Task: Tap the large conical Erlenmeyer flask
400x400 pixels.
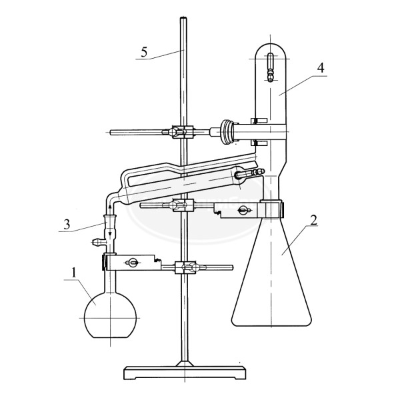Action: (x=272, y=280)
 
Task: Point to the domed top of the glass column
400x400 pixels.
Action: (x=271, y=50)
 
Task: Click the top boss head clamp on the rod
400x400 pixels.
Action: (x=180, y=132)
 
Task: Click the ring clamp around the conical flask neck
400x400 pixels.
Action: (x=271, y=209)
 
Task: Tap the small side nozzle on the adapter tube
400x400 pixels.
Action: (x=97, y=236)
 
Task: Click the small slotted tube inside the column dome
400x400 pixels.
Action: (x=271, y=65)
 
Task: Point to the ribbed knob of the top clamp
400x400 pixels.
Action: (x=227, y=132)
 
